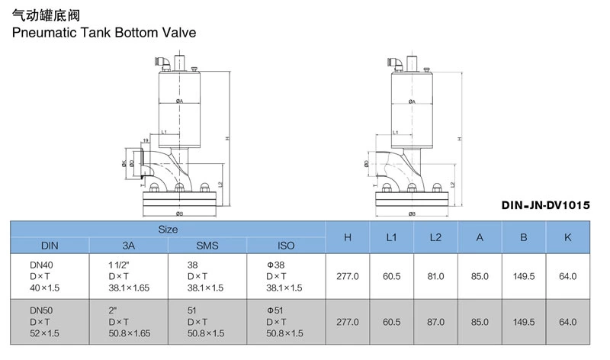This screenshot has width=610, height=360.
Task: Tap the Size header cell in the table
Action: pos(168,229)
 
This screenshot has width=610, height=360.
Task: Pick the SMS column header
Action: pos(207,246)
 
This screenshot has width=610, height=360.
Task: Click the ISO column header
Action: pos(286,246)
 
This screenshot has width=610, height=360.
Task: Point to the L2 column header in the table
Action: pos(435,237)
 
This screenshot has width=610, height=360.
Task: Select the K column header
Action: pos(567,237)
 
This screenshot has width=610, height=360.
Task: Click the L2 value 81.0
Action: pos(435,276)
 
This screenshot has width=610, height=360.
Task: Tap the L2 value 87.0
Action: pos(435,322)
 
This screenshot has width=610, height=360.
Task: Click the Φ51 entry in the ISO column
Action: pos(275,310)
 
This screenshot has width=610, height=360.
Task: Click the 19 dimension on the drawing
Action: pos(146,140)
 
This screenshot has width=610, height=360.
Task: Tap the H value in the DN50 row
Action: pos(348,322)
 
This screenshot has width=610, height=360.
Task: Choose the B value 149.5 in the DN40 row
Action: pos(524,276)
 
